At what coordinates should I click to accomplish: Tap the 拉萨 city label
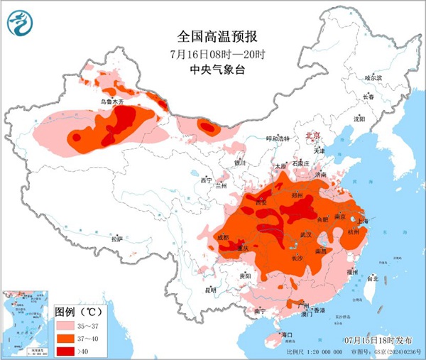pyautogui.click(x=117, y=239)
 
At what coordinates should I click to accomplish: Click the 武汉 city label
pyautogui.click(x=306, y=234)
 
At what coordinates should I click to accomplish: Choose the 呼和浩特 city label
pyautogui.click(x=278, y=138)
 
